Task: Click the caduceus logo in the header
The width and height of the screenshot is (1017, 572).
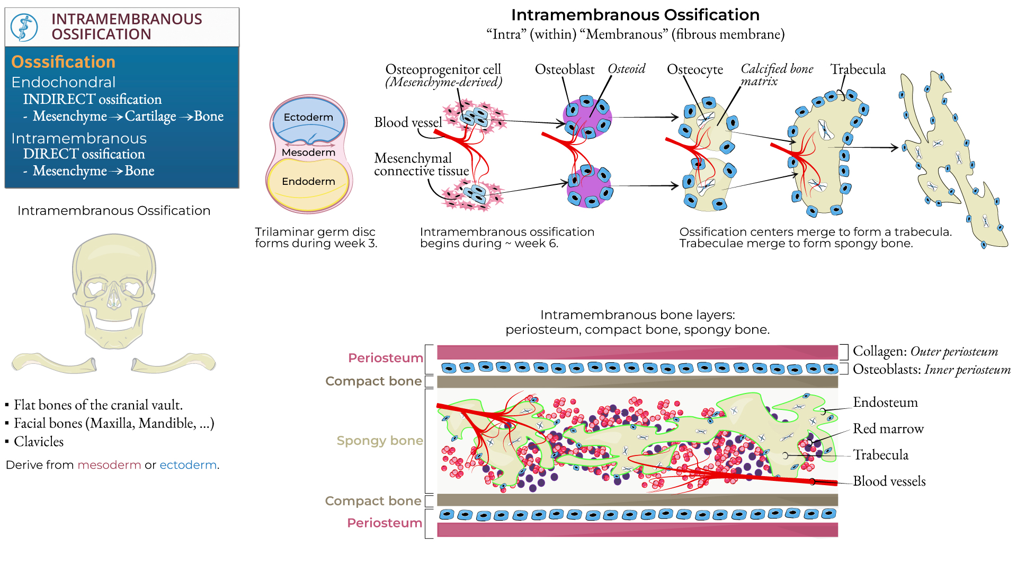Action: [x=24, y=27]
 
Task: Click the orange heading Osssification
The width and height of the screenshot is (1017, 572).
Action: [x=63, y=62]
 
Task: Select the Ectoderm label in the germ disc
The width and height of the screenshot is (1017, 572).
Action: [x=308, y=117]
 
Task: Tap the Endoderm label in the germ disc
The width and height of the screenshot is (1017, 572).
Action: [x=308, y=182]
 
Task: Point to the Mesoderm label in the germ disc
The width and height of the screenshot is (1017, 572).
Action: [x=308, y=153]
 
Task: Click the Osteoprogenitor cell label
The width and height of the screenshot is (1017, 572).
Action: [x=443, y=69]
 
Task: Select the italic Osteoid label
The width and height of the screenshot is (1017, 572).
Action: [x=627, y=69]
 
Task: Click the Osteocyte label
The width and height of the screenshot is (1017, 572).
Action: [x=695, y=69]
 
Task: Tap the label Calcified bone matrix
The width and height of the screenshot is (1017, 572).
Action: [x=776, y=75]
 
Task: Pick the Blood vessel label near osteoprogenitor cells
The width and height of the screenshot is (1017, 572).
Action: [x=408, y=122]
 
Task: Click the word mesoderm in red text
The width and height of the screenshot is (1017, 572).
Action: [x=109, y=465]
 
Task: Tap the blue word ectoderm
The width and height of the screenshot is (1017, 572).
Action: [x=188, y=465]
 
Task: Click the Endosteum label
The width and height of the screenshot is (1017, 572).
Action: [x=885, y=403]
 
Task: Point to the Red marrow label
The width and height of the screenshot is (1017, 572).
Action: [x=888, y=428]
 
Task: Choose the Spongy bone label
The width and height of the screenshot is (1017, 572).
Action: [x=380, y=441]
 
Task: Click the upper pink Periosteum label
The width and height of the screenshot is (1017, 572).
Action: [x=385, y=358]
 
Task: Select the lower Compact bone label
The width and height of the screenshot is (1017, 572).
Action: [x=373, y=501]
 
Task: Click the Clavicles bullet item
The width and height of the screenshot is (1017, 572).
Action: [x=39, y=442]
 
